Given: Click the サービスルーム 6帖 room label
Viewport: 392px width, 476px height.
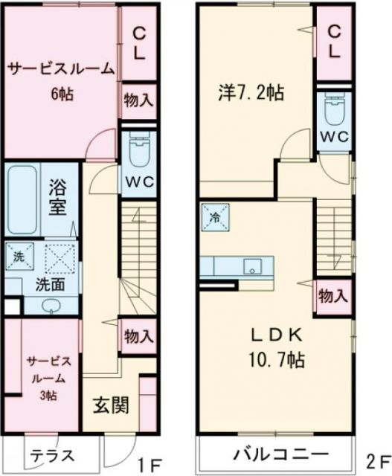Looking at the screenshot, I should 61,80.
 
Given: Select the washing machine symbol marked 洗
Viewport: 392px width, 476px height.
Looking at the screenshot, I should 17,257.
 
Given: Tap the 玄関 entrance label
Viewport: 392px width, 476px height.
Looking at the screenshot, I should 112,405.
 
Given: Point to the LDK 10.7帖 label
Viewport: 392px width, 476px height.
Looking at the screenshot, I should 275,347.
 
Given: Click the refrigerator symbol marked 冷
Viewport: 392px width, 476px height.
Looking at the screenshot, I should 214,218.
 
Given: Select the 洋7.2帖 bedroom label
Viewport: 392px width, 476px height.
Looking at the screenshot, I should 250,93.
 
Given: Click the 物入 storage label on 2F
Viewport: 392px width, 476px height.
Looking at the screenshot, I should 332,295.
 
